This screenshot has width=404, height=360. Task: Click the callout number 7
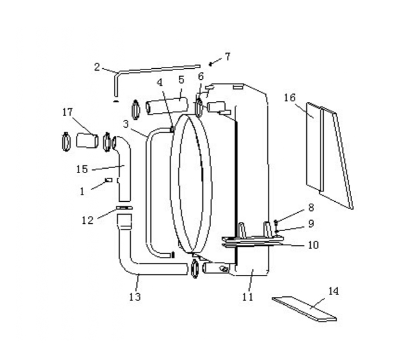coord(227,56)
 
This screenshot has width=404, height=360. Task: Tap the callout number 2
coord(97,67)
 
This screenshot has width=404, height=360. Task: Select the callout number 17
coord(67,112)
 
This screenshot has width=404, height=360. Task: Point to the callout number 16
coord(290,98)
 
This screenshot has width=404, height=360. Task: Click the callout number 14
coord(333,291)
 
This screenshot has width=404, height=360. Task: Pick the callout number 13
coord(135,297)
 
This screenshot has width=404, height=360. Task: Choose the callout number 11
coord(248,297)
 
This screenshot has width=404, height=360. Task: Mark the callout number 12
coord(88,221)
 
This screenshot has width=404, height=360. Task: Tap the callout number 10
coord(313,245)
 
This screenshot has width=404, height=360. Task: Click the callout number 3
coord(126,124)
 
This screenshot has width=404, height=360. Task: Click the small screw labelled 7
coord(211,64)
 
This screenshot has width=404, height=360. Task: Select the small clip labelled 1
coord(108,180)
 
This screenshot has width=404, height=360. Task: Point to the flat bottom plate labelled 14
coord(304,309)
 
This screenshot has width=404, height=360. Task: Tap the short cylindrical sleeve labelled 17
coord(87,141)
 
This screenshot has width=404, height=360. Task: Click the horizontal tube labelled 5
coord(167,105)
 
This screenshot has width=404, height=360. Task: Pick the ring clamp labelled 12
coord(125,208)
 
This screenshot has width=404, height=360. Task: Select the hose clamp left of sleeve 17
coord(65,141)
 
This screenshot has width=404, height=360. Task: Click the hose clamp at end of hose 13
coord(195,269)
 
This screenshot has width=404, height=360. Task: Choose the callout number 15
coord(82,169)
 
